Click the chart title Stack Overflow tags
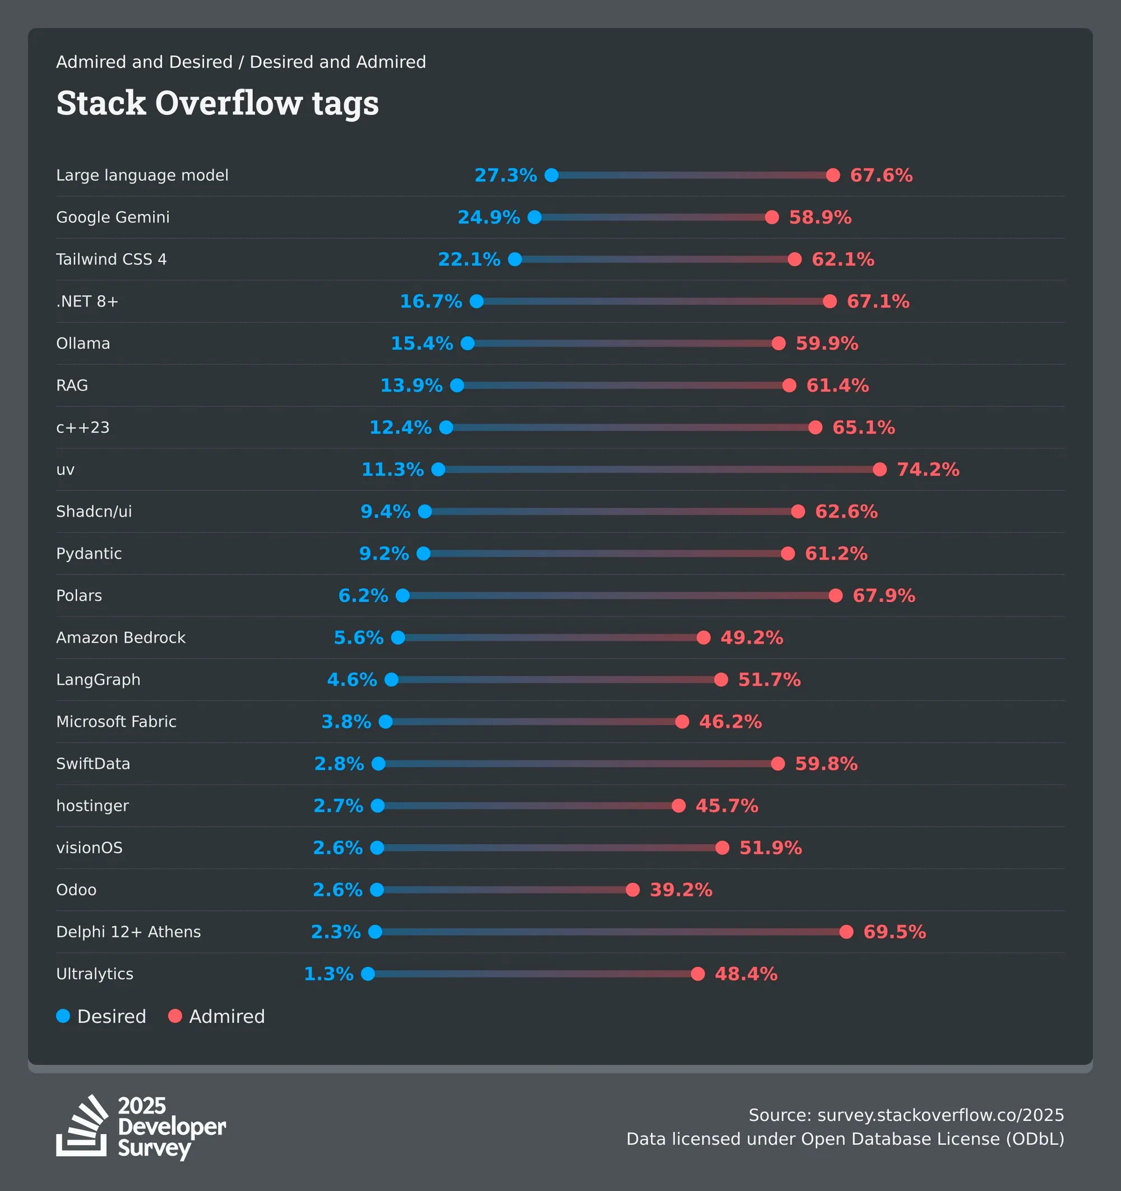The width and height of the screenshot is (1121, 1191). [217, 103]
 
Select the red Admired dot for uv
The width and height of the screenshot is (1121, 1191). [879, 469]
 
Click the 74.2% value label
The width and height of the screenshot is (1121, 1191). [928, 469]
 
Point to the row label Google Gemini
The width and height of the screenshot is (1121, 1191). [113, 217]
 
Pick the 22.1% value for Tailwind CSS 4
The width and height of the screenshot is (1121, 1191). [469, 259]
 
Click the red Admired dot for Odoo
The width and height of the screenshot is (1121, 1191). [633, 889]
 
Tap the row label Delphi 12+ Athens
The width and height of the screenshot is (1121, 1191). [128, 932]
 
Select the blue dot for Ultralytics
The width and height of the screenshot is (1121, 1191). [368, 974]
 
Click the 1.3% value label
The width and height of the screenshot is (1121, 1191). [328, 974]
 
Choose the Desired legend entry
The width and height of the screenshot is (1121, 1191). [101, 1016]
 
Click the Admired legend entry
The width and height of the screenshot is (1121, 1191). [217, 1016]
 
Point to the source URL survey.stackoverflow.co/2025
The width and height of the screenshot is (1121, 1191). [941, 1115]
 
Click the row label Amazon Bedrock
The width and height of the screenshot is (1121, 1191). [121, 637]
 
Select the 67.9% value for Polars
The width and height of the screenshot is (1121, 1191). [884, 595]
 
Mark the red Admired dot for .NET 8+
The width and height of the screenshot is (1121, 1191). [830, 302]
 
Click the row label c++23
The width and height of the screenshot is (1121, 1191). [83, 427]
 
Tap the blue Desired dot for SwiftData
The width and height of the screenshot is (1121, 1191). [379, 763]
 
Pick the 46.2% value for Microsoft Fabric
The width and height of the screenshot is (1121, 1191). [730, 721]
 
